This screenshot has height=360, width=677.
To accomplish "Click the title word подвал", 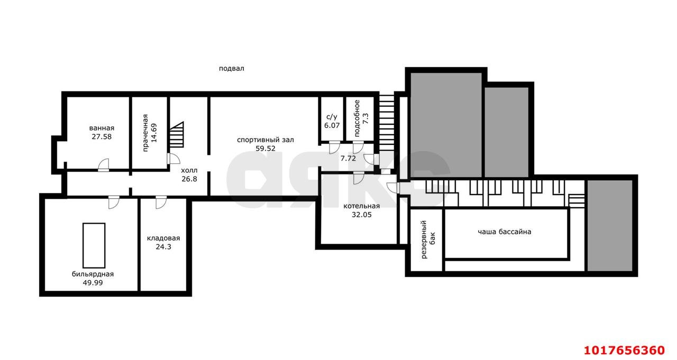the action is [232, 69].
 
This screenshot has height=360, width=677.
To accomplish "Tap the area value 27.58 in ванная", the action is [102, 136].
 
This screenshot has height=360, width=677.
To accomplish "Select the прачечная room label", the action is [145, 133].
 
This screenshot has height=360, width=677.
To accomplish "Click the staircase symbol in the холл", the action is [177, 135].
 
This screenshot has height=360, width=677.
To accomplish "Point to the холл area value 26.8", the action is [189, 179].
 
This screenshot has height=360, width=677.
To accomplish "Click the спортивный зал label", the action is [266, 140].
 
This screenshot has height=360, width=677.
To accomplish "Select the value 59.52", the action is [266, 149].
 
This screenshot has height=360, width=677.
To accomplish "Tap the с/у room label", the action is [332, 117].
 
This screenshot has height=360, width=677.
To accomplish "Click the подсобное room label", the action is [357, 118].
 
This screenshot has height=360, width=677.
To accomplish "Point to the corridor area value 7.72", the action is [348, 158].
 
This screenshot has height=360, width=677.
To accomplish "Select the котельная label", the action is [361, 206].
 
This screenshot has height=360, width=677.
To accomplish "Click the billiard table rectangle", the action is [94, 245].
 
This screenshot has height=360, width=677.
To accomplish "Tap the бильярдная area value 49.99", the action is [93, 283].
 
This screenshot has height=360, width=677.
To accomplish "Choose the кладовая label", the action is [163, 238].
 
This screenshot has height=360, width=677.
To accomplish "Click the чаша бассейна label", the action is [505, 232].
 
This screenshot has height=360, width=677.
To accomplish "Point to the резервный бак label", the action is [428, 239].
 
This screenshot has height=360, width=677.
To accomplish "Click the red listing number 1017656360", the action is [625, 350].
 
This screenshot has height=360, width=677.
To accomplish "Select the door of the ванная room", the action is [103, 165].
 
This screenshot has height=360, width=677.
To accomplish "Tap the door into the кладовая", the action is [161, 202].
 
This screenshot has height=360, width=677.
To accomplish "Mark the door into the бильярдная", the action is [114, 202].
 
